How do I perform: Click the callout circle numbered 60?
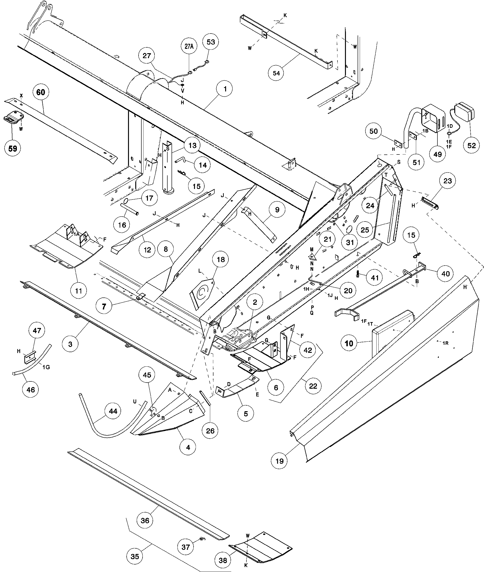[x=41, y=92]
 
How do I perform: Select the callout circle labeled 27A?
[x=189, y=46]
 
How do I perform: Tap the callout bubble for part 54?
[x=276, y=73]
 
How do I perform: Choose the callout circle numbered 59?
[x=13, y=148]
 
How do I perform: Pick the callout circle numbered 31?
[x=350, y=242]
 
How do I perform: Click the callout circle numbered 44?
[x=113, y=411]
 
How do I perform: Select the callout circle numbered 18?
[x=221, y=260]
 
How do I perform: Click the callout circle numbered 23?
[x=447, y=181]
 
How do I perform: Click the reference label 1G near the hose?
[x=46, y=367]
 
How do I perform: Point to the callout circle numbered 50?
[x=374, y=131]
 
